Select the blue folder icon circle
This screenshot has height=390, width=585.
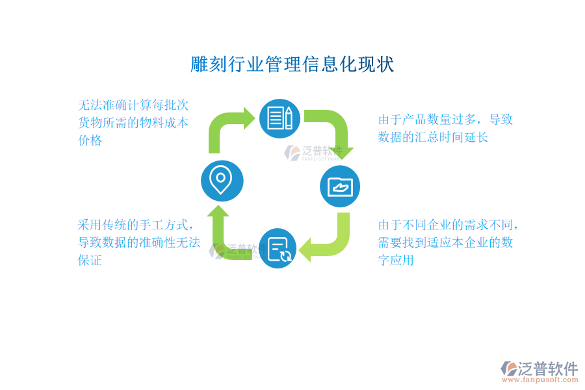(x=340, y=187)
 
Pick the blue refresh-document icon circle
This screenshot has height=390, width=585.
(x=279, y=249)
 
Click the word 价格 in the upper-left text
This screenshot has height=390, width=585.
(x=90, y=140)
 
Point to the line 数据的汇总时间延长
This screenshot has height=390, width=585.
(x=433, y=137)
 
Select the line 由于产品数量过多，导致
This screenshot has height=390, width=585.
(x=446, y=120)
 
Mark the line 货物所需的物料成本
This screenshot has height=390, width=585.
(x=133, y=123)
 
